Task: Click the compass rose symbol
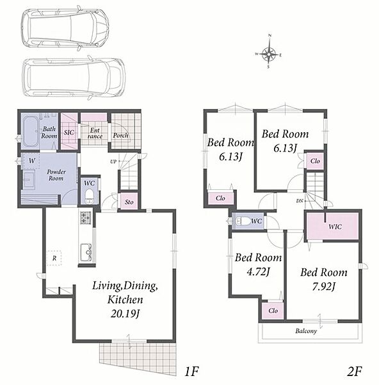click(269, 53)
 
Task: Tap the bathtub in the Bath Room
click(31, 132)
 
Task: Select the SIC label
click(69, 132)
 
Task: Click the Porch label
click(120, 135)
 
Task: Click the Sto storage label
click(129, 202)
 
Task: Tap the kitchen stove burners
click(85, 218)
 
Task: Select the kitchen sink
click(86, 252)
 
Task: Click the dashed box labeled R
click(54, 258)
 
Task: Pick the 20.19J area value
click(125, 314)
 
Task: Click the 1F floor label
click(191, 371)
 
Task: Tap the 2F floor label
click(354, 371)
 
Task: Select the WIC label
click(335, 227)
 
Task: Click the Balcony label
click(306, 331)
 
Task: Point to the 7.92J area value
click(323, 287)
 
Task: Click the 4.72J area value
click(258, 272)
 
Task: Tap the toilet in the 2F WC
click(241, 221)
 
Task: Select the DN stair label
click(300, 201)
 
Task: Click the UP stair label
click(113, 162)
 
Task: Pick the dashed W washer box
click(30, 161)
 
